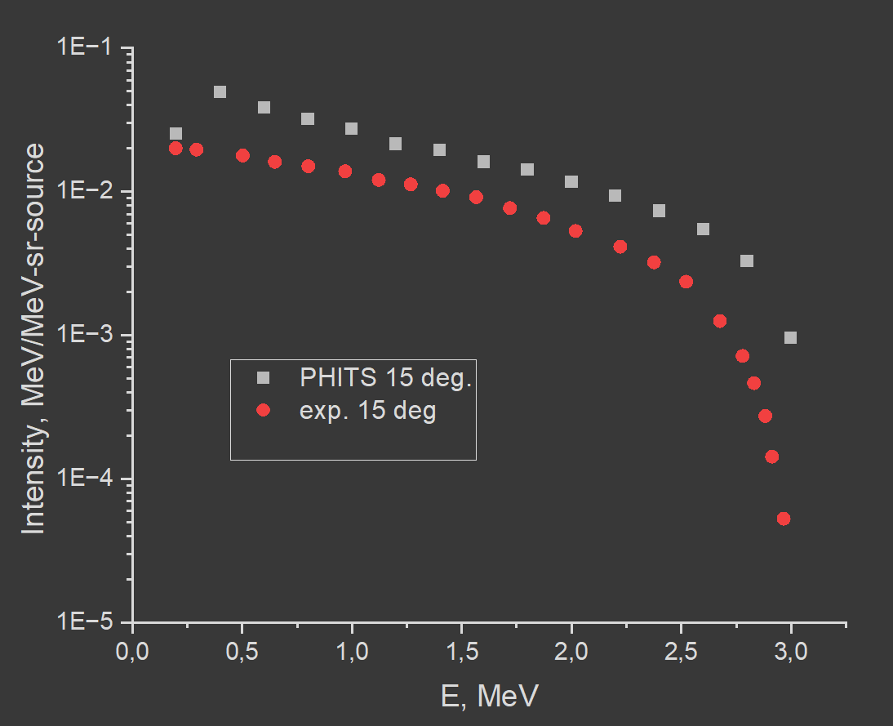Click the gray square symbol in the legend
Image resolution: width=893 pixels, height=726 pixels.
(x=262, y=377)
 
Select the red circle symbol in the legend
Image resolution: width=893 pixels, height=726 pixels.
(x=262, y=411)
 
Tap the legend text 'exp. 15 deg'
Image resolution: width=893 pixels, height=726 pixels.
(x=368, y=411)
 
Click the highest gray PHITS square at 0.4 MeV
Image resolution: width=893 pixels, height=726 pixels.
(x=220, y=91)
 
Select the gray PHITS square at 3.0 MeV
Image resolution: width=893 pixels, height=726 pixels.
(x=790, y=337)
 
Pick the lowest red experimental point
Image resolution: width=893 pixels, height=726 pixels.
(x=784, y=519)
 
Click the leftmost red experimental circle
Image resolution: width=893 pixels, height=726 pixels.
(x=175, y=148)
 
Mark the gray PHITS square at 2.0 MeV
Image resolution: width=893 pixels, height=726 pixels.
(x=571, y=181)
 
